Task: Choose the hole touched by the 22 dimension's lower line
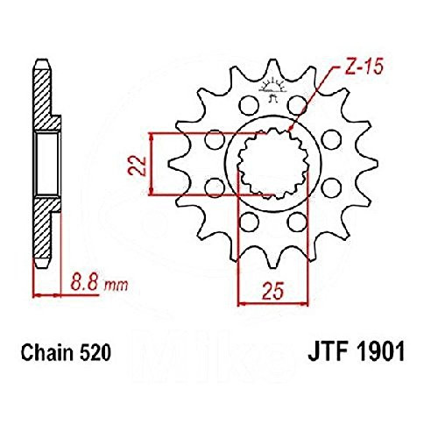(214, 185)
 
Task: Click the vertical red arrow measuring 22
(154, 164)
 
